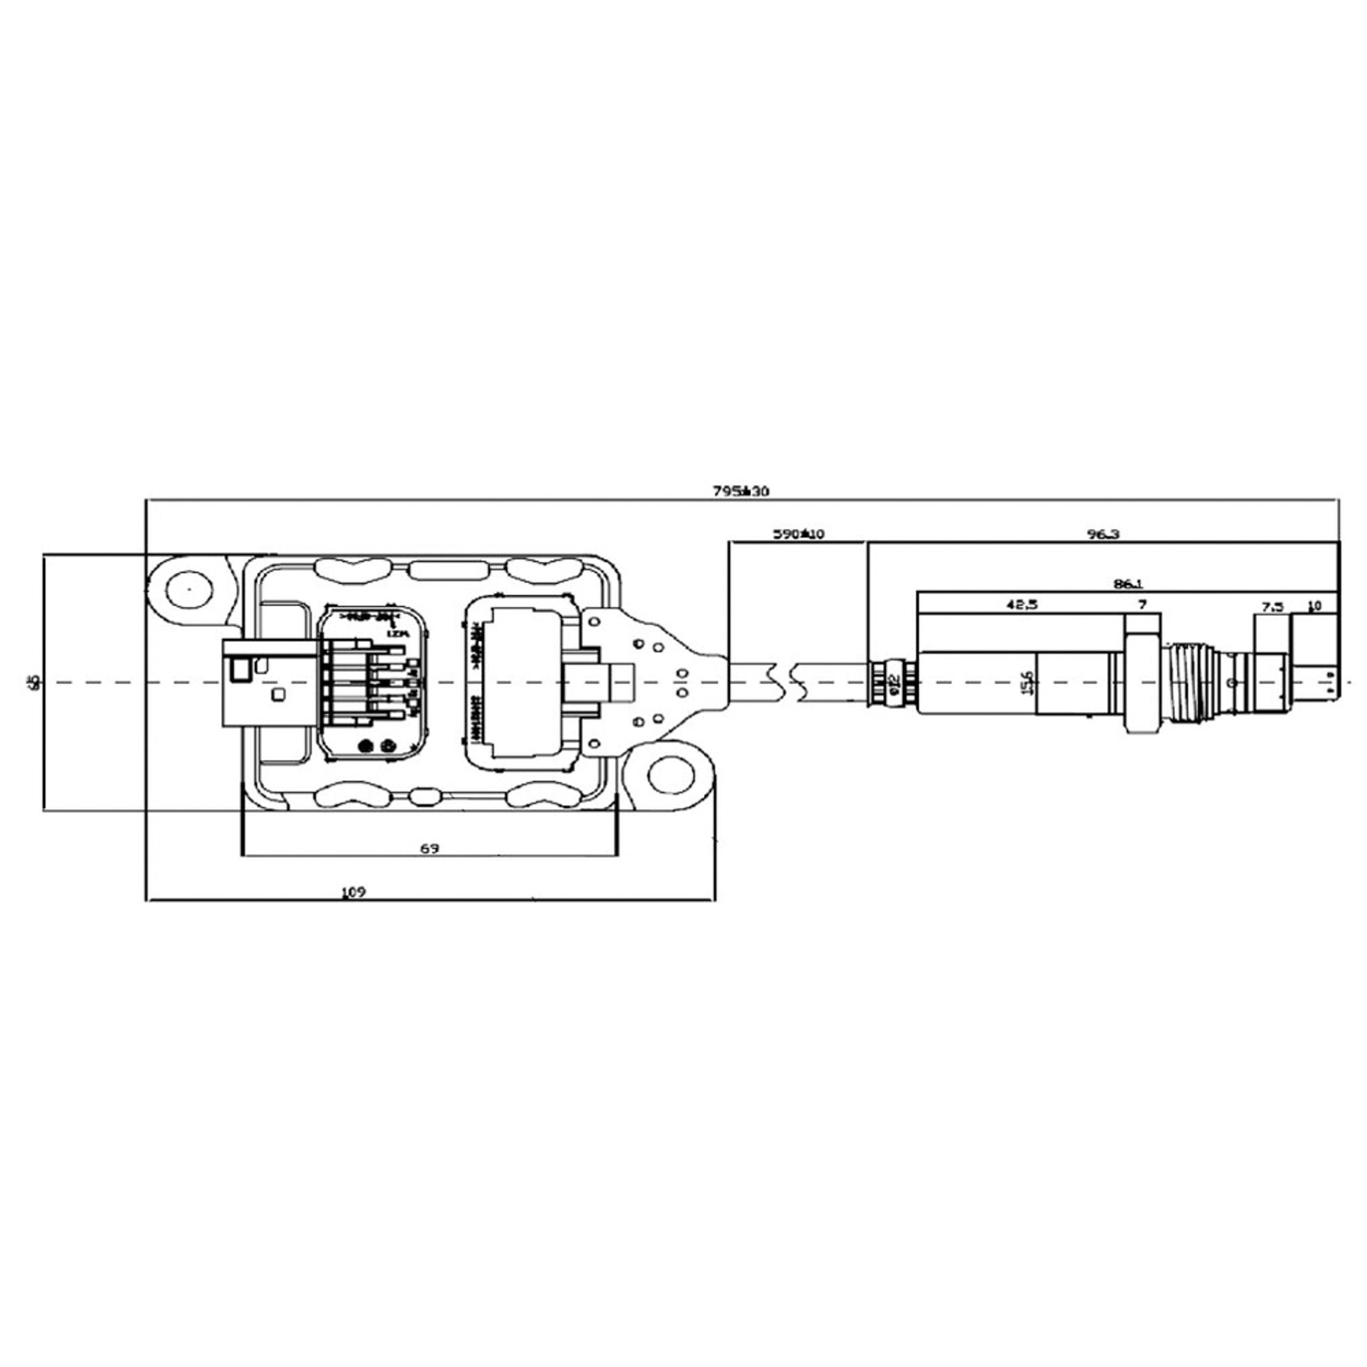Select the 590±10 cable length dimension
click(x=797, y=534)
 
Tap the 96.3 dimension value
click(x=1104, y=534)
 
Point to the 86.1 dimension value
click(x=1128, y=584)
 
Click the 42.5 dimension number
click(x=1022, y=605)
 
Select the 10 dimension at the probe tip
click(x=1315, y=606)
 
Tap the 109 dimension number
click(x=353, y=893)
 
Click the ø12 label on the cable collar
click(x=894, y=682)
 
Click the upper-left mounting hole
click(x=189, y=588)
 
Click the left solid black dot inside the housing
click(x=366, y=746)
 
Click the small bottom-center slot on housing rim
click(x=425, y=797)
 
